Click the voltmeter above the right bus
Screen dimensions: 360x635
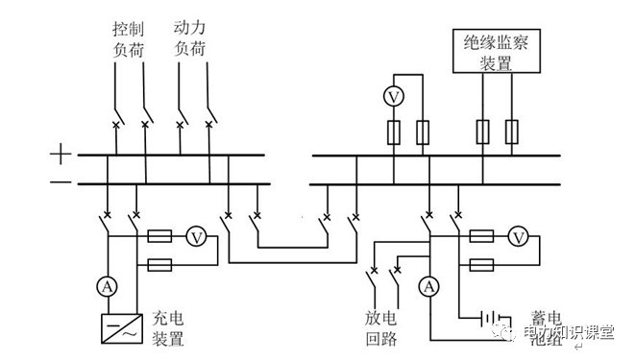tap(391, 96)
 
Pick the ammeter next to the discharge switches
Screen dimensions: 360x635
tap(430, 284)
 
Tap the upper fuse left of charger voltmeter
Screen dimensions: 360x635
tap(159, 235)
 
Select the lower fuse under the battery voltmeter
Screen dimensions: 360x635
tap(482, 263)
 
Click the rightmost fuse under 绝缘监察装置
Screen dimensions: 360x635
tap(513, 131)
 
